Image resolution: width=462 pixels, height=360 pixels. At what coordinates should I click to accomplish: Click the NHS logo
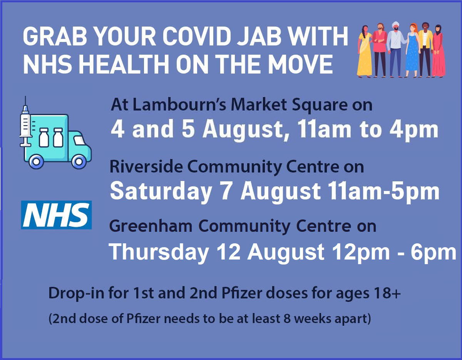click(56, 215)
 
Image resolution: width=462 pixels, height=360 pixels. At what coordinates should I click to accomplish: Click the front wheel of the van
click(79, 162)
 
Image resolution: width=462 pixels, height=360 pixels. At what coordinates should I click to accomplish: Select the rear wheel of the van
click(36, 162)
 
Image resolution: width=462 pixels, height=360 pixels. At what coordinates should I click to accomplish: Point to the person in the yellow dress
click(365, 51)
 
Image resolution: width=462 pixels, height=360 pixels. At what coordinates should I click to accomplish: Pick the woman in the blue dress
click(412, 50)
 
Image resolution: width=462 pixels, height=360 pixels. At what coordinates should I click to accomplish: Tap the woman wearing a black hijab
click(439, 51)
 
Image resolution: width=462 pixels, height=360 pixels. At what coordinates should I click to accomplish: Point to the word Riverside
click(146, 167)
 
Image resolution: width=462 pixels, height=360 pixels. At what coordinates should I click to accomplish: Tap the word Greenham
click(151, 226)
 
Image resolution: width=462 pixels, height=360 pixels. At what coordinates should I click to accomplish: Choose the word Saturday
click(161, 191)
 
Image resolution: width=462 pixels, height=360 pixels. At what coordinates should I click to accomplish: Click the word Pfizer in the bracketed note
click(143, 319)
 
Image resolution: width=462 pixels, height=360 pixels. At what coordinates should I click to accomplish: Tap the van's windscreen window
click(79, 141)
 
